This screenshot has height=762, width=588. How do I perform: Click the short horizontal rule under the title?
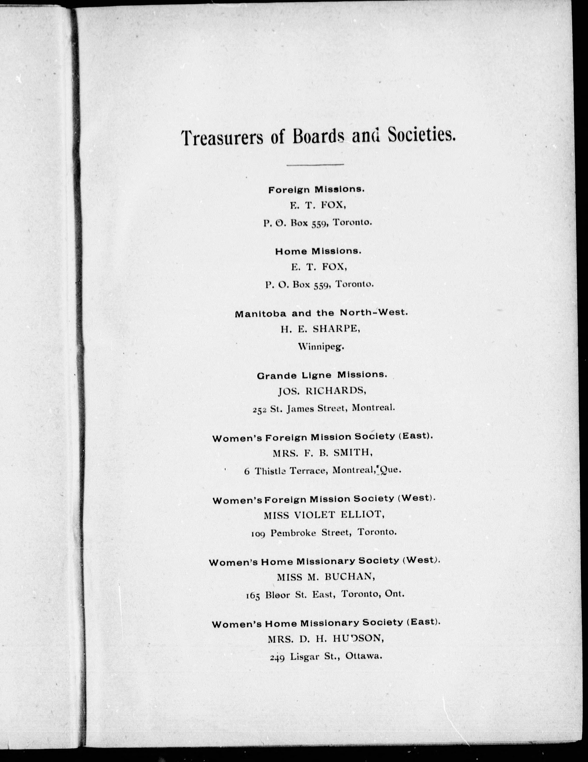pyautogui.click(x=315, y=164)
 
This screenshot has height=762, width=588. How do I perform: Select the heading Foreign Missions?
pyautogui.click(x=316, y=190)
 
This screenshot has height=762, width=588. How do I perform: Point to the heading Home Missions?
pyautogui.click(x=318, y=251)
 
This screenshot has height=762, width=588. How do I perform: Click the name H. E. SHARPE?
pyautogui.click(x=320, y=329)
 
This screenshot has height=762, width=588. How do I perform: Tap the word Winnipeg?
pyautogui.click(x=321, y=347)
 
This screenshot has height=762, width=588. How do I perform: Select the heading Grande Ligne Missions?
pyautogui.click(x=322, y=375)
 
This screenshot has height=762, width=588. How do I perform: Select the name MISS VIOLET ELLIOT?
pyautogui.click(x=321, y=515)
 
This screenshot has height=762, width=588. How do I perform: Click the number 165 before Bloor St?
pyautogui.click(x=253, y=595)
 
